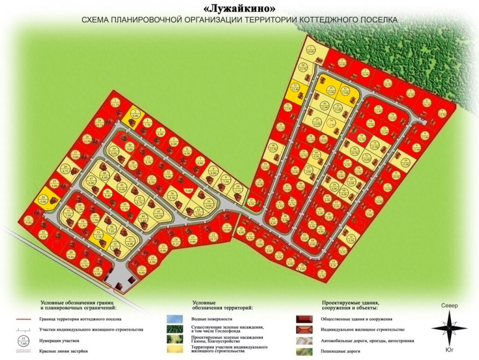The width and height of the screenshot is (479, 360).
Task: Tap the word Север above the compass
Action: pos(450,306)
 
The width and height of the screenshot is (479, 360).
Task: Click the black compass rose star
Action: pos(450,328)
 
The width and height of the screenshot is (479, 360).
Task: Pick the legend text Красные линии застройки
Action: pos(61,351)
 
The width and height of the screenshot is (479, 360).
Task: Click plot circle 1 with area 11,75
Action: pos(115,103)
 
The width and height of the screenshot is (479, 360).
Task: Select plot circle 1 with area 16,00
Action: pos(311,50)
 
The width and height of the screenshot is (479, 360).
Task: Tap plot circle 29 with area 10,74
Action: pos(99,123)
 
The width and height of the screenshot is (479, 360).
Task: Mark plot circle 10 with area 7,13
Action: pos(237,189)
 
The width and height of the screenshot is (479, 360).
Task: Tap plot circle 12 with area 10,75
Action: pos(214,237)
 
